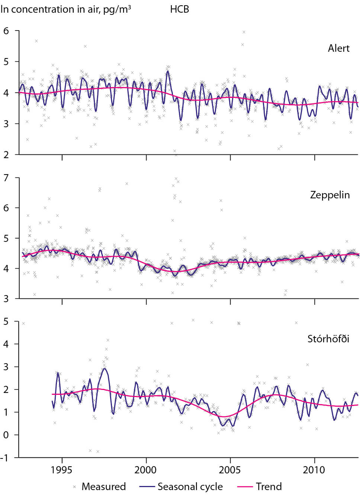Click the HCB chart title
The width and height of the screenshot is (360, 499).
[180, 9]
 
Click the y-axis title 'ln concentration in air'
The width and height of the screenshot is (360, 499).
[65, 9]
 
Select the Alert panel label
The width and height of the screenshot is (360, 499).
[338, 48]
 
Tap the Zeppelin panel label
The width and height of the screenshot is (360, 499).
[330, 195]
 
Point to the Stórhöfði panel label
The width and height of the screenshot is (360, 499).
[328, 339]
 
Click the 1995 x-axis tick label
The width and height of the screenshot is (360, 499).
[62, 470]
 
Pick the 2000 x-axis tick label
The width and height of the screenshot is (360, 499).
[146, 470]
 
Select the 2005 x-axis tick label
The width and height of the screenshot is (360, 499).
[230, 470]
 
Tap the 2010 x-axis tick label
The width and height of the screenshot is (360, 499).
[314, 470]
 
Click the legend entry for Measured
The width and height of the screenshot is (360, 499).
[103, 487]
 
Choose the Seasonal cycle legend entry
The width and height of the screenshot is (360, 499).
[190, 487]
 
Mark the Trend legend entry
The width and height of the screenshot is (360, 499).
[269, 487]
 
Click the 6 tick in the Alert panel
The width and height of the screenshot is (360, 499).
[6, 31]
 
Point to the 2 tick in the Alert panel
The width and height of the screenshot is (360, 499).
[6, 155]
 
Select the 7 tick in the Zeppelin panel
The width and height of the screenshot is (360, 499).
[6, 178]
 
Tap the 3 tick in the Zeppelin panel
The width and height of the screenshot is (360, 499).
[6, 298]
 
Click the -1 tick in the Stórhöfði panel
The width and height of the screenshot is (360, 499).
[5, 458]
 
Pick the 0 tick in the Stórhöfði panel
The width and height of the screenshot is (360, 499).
[6, 435]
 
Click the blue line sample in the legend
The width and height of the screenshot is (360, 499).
[147, 487]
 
